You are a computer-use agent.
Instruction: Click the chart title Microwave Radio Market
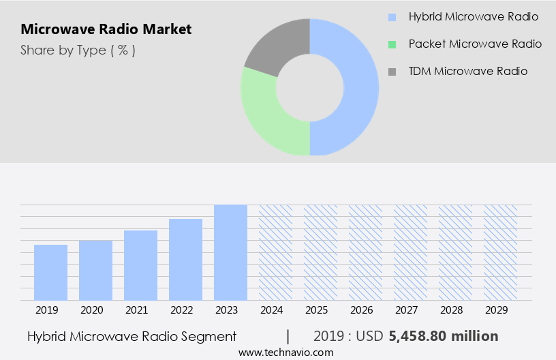106,29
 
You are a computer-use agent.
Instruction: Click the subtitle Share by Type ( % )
78,50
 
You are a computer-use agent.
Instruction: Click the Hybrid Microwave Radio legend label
473,16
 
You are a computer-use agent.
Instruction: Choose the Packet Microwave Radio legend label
475,44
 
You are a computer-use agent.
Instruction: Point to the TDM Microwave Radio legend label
467,71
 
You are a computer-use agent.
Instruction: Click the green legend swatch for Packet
391,44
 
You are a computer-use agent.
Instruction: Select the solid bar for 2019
50,273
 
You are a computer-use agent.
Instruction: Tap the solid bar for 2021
140,265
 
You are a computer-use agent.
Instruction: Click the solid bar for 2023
230,252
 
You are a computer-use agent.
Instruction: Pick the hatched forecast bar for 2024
275,252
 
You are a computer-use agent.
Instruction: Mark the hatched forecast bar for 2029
500,252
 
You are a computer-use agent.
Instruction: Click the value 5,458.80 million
444,336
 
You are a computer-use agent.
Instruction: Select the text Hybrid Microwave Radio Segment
132,336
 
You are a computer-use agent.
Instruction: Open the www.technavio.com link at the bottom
285,352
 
